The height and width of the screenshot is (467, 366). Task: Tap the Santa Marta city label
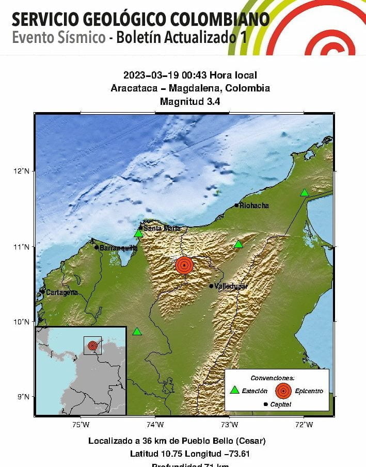click(162, 228)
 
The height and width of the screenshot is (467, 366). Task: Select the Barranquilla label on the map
click(119, 248)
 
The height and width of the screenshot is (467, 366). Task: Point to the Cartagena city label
click(62, 292)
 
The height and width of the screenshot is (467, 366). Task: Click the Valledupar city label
click(231, 286)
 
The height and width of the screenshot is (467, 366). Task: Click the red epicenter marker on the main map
click(184, 265)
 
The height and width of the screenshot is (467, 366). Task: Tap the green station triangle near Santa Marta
click(138, 233)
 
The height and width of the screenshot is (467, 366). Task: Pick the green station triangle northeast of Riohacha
click(305, 193)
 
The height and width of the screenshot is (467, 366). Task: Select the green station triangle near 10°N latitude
click(137, 332)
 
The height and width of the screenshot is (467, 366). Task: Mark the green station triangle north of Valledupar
click(238, 244)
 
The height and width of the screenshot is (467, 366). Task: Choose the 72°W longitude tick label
click(304, 425)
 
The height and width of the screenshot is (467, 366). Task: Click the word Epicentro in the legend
click(309, 391)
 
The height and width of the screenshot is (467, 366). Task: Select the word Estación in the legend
click(255, 391)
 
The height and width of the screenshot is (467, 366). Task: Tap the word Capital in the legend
click(280, 404)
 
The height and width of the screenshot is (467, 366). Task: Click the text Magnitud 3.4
click(190, 102)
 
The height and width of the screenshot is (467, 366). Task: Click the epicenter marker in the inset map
click(92, 345)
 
